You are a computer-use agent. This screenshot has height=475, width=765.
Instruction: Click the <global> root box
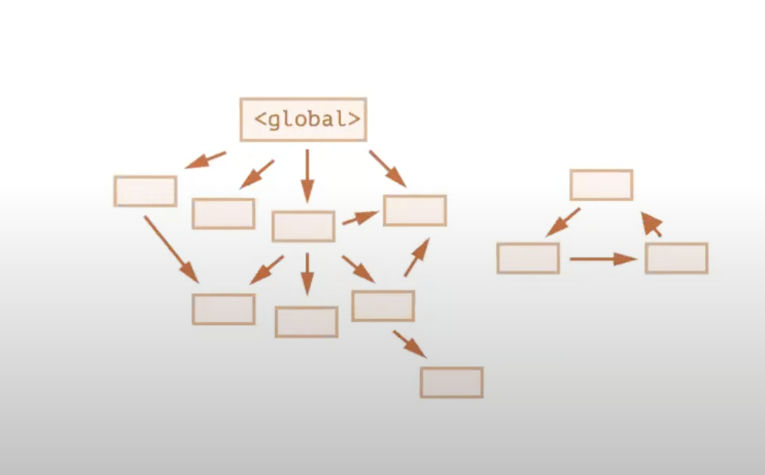tap(303, 119)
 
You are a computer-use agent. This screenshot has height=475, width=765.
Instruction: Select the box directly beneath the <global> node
tap(303, 226)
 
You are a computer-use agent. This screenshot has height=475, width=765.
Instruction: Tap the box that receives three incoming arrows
tap(415, 210)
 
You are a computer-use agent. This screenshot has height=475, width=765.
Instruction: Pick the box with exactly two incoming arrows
tap(224, 309)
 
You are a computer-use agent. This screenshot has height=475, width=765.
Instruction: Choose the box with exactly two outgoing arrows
tap(383, 306)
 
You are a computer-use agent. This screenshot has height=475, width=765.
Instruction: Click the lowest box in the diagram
tap(451, 383)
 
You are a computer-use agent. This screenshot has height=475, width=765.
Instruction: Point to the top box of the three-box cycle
tap(601, 185)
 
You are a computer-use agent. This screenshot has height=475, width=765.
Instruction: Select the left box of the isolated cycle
tap(528, 258)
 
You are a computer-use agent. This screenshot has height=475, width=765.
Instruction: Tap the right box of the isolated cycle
tap(676, 258)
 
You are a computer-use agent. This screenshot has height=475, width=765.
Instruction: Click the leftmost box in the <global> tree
tap(145, 191)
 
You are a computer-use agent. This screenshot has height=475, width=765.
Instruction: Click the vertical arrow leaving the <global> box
tap(307, 175)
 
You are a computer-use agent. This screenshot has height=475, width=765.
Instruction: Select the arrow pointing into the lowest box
tap(409, 344)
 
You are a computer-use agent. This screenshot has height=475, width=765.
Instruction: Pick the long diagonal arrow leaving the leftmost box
tap(171, 249)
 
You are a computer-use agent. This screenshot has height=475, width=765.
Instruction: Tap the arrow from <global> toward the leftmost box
tap(205, 159)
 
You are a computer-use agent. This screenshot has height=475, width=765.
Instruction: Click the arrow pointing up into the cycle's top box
tap(652, 225)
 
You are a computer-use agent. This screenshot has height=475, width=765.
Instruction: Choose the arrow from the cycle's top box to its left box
tap(563, 222)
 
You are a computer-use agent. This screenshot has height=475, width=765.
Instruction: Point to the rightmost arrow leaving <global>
tap(387, 168)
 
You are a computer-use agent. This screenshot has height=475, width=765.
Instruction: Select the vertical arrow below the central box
tap(307, 273)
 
